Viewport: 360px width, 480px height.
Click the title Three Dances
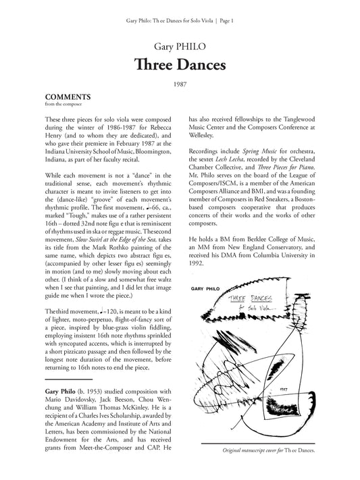click(180, 65)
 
